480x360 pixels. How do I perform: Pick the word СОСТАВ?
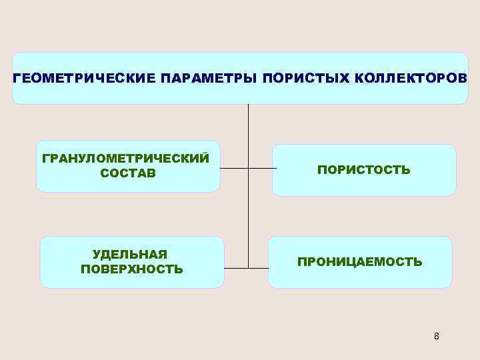coord(127,173)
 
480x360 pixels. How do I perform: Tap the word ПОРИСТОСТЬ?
coord(363,170)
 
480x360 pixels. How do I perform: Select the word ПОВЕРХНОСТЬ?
coord(131,269)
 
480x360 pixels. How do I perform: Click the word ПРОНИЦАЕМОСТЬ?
coord(359,262)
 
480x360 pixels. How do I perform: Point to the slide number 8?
coord(436,336)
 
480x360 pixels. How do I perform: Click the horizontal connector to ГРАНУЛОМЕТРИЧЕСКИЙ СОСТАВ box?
coord(233,169)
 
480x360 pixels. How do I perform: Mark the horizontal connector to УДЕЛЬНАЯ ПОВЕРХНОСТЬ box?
coord(236,268)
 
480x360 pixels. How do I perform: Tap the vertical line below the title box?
coord(248,133)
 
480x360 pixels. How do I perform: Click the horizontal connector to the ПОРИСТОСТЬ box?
coord(262,169)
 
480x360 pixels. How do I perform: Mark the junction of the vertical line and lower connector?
coord(248,268)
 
